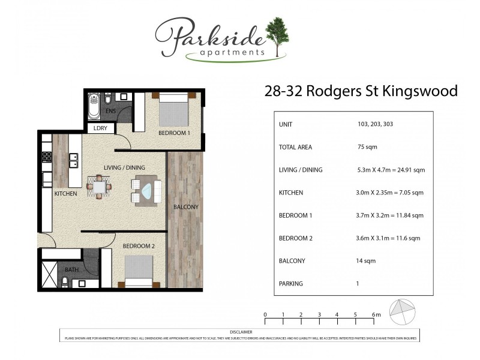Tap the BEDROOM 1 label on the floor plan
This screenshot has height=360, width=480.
[x=174, y=133]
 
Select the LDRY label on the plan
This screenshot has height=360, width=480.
[x=100, y=128]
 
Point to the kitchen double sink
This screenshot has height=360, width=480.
[x=74, y=161]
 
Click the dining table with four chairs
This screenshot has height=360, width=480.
[x=99, y=186]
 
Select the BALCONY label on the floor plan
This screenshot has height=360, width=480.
[x=185, y=207]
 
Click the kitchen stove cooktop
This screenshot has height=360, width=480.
[x=46, y=158]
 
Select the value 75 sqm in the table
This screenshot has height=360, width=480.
[x=367, y=147]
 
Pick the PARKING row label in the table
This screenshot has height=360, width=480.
[x=291, y=284]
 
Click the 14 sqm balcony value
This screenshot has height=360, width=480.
[x=366, y=261]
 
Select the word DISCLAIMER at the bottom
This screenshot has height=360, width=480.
[x=241, y=332]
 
